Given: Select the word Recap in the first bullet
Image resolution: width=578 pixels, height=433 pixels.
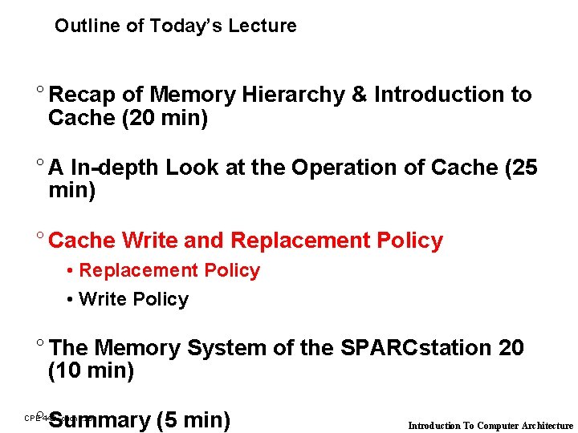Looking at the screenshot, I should (x=82, y=95).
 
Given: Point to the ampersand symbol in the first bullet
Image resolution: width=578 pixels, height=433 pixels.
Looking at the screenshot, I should (x=359, y=95).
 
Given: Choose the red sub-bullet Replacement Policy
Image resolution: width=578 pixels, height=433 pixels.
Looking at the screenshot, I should (x=169, y=271).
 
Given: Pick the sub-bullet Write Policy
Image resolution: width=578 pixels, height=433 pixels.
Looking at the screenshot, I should (x=133, y=299).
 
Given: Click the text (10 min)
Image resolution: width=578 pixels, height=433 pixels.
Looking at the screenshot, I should (x=91, y=371).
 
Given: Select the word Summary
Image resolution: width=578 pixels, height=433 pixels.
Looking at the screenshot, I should (x=99, y=420).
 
